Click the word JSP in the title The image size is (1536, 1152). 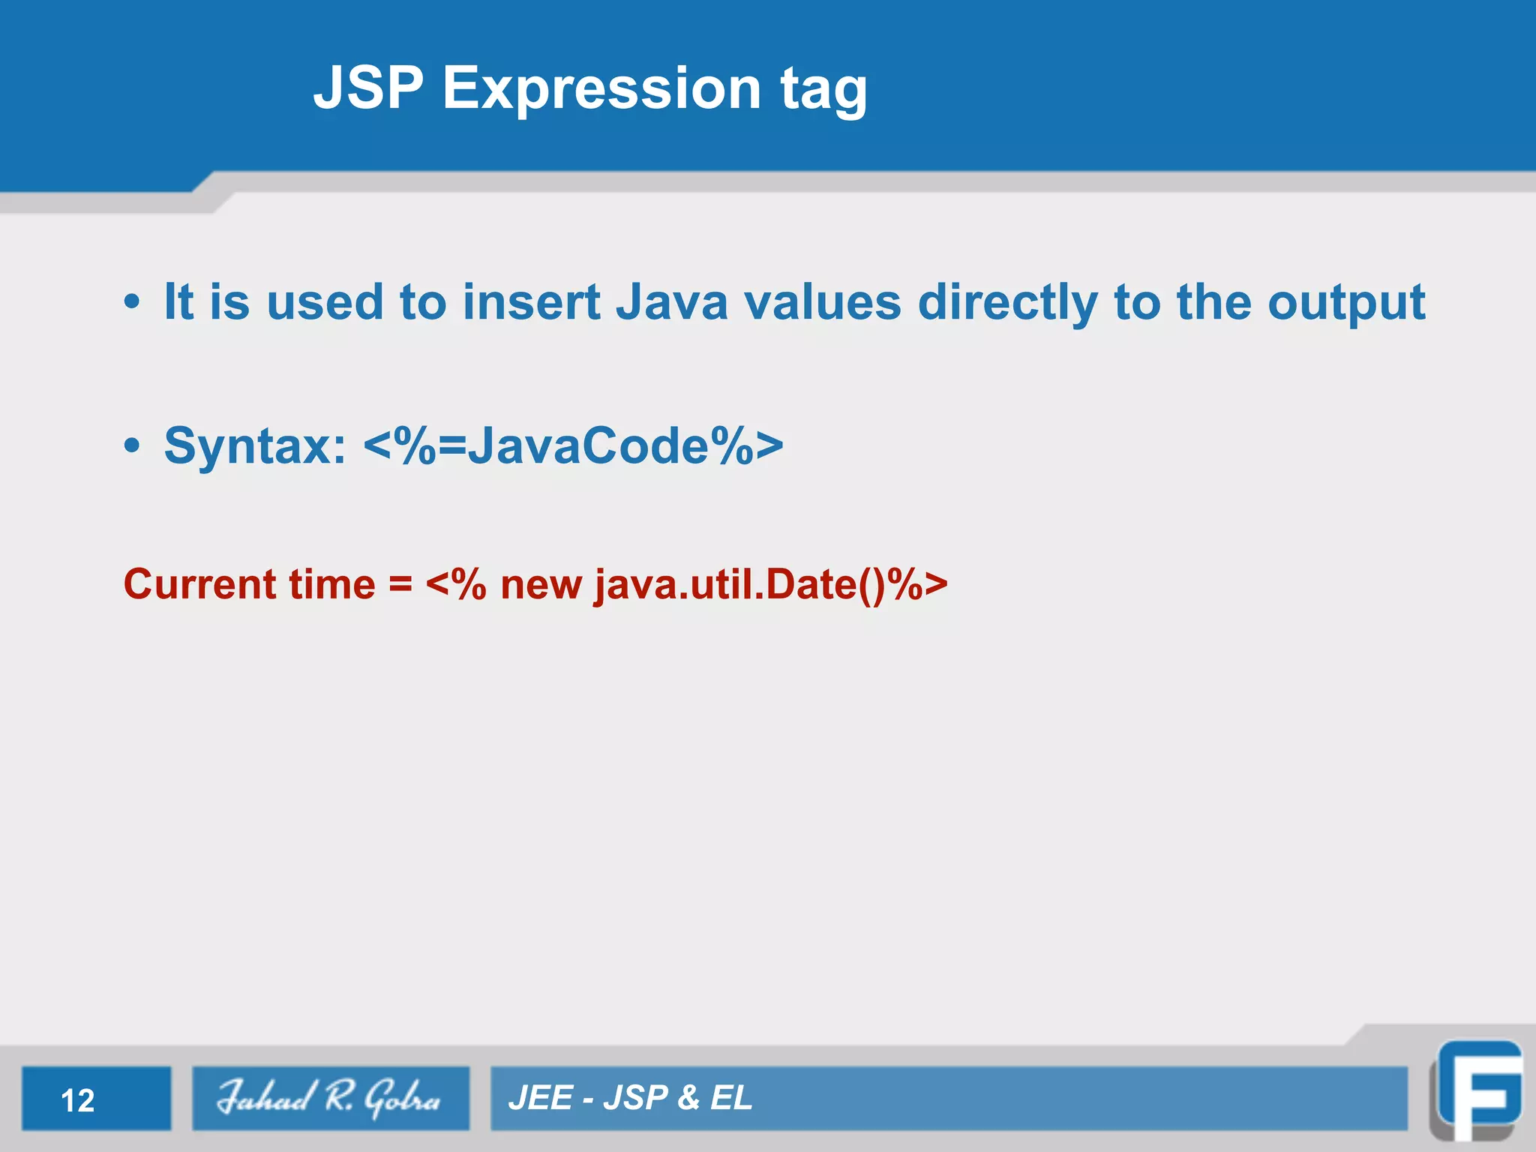point(367,88)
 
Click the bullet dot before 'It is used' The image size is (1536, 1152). point(132,302)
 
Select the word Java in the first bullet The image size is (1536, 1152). point(671,302)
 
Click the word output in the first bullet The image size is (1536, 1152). point(1346,304)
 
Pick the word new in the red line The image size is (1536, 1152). point(541,585)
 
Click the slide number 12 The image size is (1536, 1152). point(78,1100)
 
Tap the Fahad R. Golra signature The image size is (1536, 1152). point(330,1098)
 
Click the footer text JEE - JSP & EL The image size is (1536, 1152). point(630,1098)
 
